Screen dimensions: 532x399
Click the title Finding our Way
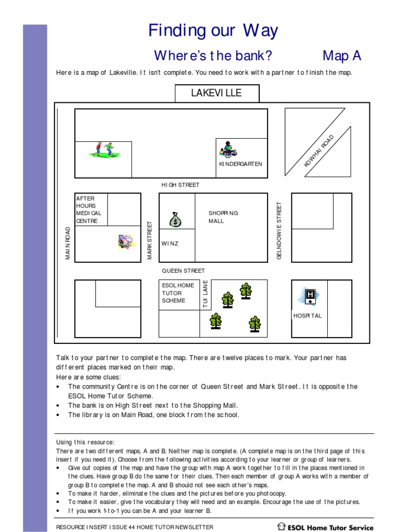(x=213, y=31)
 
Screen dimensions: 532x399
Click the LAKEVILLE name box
(x=216, y=93)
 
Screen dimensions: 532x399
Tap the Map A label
(x=341, y=56)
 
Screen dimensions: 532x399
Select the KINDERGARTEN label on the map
(x=241, y=164)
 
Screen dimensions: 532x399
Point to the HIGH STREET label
(x=180, y=185)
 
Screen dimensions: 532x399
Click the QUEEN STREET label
(x=183, y=271)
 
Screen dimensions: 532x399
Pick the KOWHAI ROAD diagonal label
(x=320, y=151)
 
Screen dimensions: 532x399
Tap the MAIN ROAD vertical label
(x=68, y=243)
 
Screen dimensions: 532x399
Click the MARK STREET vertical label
(x=150, y=240)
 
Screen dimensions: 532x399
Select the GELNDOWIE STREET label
(x=279, y=231)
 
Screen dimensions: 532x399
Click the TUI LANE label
(x=206, y=295)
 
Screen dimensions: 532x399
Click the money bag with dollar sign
(x=176, y=219)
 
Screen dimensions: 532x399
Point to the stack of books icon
(x=125, y=242)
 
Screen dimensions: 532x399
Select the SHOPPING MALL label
(x=223, y=217)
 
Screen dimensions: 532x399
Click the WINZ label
(x=170, y=244)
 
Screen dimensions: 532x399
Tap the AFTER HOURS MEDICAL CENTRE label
(x=89, y=209)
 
